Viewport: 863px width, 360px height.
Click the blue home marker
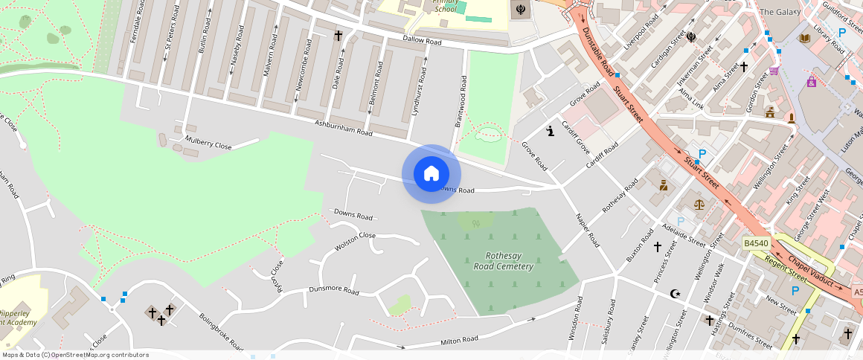point(431,174)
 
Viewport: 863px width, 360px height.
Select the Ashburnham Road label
point(343,128)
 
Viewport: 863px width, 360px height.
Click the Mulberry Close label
point(210,143)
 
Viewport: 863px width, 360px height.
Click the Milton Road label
point(459,341)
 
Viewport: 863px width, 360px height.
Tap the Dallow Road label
point(422,40)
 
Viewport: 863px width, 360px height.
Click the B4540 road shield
point(756,243)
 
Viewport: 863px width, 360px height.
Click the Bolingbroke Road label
point(220,330)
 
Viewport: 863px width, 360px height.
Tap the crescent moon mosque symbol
point(676,294)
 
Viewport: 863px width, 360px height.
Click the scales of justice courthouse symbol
point(699,203)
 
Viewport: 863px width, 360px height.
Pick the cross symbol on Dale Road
point(338,35)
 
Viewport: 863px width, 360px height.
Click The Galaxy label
point(778,12)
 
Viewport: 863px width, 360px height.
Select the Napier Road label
point(587,230)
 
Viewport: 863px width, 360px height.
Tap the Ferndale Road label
point(135,23)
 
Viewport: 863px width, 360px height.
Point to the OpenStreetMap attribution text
point(76,355)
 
